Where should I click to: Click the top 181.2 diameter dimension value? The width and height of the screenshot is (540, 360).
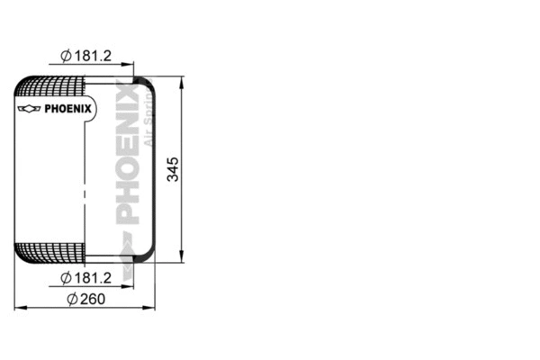click(94, 56)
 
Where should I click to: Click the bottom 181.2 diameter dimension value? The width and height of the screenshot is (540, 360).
click(94, 277)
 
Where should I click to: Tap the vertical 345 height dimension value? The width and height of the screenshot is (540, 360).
click(174, 169)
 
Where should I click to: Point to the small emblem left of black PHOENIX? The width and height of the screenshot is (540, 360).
click(30, 110)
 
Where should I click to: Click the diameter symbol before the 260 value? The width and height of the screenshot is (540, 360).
click(71, 299)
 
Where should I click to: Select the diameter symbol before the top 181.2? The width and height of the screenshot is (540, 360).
click(66, 56)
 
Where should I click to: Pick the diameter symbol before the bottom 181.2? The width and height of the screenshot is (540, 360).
click(66, 277)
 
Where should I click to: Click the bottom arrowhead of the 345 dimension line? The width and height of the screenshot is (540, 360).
click(183, 258)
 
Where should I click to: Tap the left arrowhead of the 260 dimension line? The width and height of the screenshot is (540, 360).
click(18, 309)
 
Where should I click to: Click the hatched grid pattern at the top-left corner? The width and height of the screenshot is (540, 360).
click(49, 88)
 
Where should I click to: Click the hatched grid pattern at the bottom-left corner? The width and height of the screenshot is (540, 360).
click(49, 252)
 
